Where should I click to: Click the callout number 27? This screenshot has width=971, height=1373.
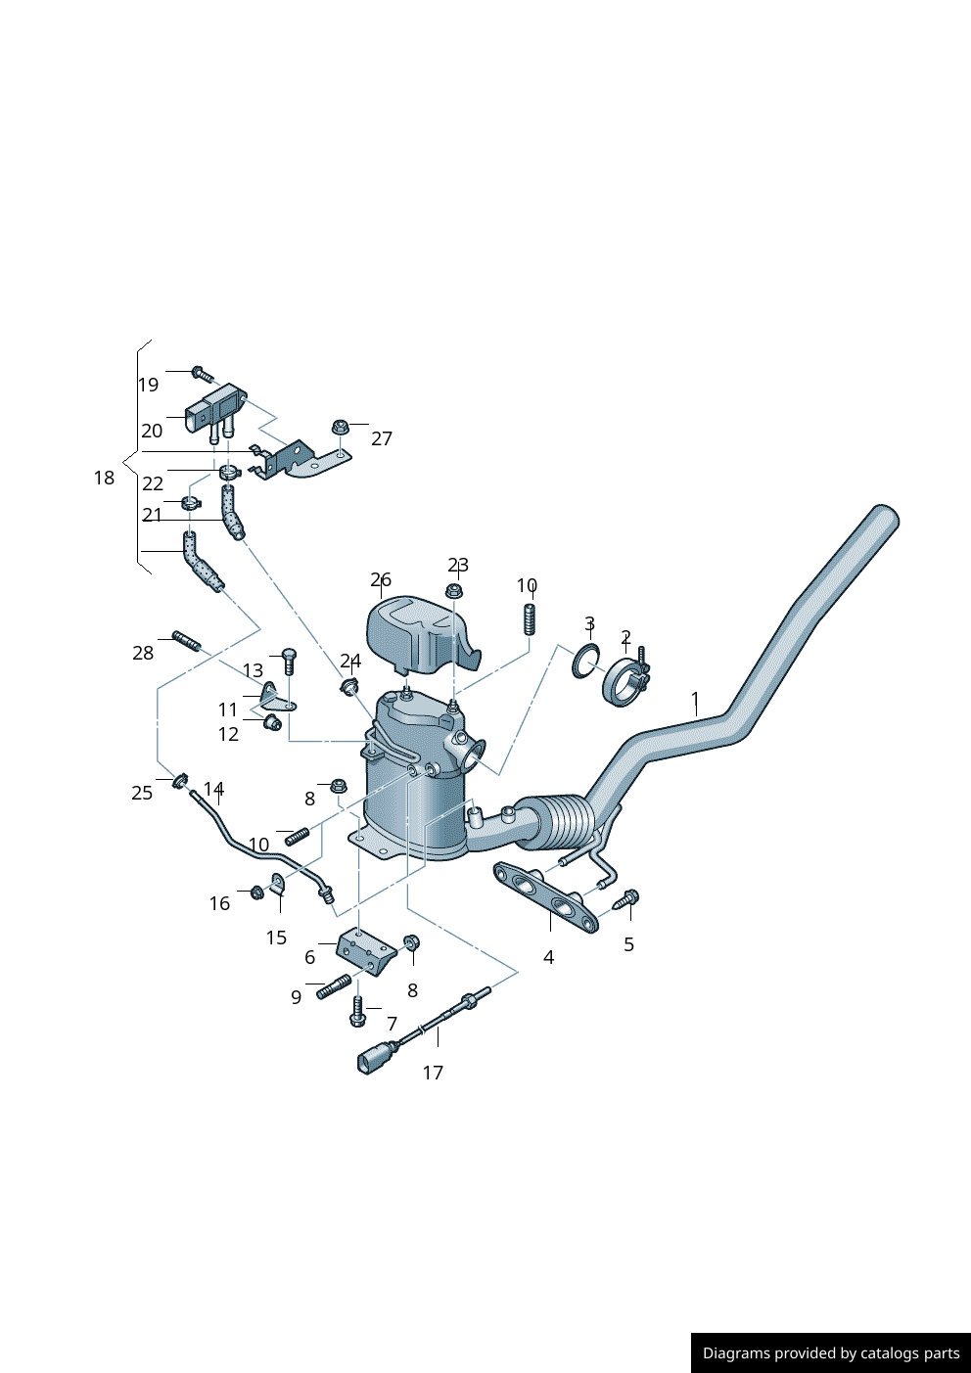382,438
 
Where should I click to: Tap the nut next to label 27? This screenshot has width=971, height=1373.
341,427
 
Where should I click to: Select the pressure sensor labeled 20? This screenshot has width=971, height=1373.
213,409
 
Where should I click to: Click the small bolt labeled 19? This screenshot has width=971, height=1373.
203,374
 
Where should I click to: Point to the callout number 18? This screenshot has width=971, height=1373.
104,478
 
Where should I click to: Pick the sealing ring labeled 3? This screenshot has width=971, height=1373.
585,662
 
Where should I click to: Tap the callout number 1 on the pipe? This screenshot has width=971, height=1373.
695,700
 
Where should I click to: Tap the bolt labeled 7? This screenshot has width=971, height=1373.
357,1012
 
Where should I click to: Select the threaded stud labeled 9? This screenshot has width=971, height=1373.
334,986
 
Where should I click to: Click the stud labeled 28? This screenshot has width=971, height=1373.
186,641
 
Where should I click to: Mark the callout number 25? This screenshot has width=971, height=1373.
142,793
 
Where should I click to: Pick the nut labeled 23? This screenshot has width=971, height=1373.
453,591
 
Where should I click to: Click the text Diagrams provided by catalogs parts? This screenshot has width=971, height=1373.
831,1353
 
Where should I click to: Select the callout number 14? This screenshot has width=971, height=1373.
213,789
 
